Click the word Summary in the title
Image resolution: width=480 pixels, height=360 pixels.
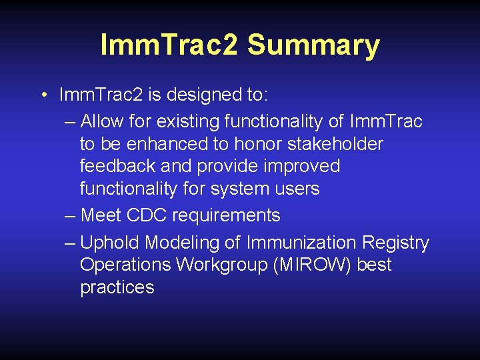(313, 45)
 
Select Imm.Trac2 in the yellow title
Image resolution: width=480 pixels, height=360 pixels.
(170, 45)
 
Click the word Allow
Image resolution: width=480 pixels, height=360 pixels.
(105, 121)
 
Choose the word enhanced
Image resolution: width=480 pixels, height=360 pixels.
(170, 144)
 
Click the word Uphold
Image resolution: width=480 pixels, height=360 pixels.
(110, 243)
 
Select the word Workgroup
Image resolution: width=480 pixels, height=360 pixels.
(217, 265)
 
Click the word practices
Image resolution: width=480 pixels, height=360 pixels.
(117, 287)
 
